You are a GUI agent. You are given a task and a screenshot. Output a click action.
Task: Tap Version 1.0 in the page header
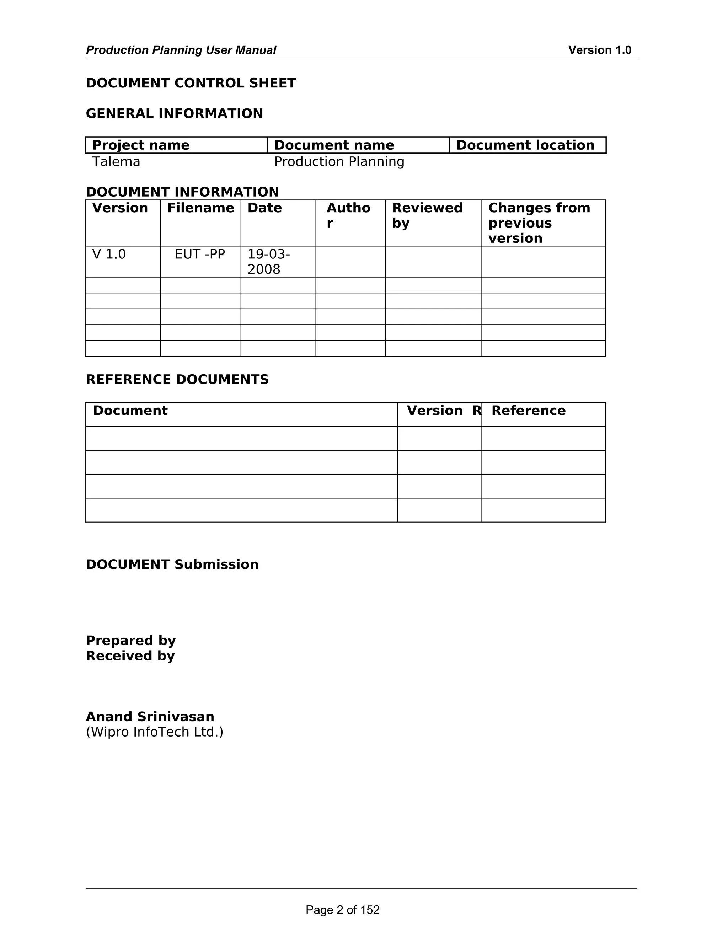click(x=599, y=50)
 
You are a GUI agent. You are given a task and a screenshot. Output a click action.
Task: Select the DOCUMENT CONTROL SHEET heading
click(x=191, y=83)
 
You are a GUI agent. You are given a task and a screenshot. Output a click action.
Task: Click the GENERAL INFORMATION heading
click(x=174, y=113)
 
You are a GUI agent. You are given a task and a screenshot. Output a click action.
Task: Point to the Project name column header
click(x=141, y=145)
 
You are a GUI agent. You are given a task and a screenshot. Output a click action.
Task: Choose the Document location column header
click(x=525, y=145)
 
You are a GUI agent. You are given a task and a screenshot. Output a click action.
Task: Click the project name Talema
click(x=116, y=162)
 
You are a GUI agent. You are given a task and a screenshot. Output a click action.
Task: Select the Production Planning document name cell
click(x=339, y=162)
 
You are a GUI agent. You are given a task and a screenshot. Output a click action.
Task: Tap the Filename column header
click(x=200, y=208)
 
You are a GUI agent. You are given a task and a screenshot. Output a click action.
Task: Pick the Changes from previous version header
click(x=539, y=223)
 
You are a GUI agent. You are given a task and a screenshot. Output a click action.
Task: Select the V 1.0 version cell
click(x=109, y=255)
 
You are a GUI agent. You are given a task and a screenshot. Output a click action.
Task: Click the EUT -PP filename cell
click(x=200, y=255)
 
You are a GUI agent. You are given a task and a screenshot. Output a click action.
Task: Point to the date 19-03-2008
click(x=268, y=262)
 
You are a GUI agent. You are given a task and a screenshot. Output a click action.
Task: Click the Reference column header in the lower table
click(x=528, y=411)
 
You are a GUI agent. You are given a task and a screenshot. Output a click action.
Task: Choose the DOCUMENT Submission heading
click(x=172, y=564)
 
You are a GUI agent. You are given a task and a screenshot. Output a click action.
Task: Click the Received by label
click(x=130, y=656)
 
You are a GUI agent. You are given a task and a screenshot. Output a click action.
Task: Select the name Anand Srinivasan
click(x=150, y=717)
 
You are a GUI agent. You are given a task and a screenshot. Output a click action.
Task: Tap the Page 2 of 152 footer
click(x=342, y=910)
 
